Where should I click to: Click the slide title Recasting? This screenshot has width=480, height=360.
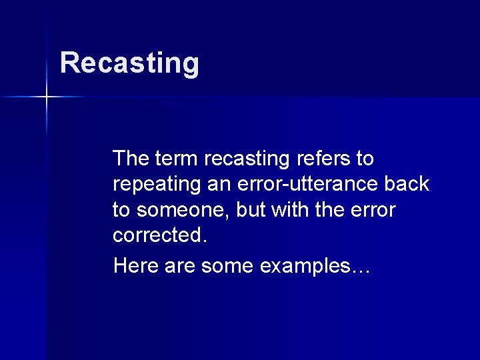129,63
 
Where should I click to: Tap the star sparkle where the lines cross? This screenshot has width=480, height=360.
47,97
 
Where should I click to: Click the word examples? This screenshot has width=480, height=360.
304,265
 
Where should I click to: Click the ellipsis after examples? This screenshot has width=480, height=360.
361,269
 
